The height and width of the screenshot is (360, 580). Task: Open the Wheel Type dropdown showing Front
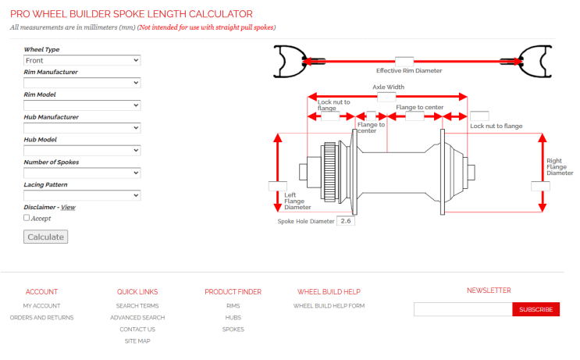pyautogui.click(x=81, y=60)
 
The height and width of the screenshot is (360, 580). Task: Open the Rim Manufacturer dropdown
pyautogui.click(x=81, y=83)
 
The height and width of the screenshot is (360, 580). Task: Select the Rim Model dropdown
pyautogui.click(x=81, y=105)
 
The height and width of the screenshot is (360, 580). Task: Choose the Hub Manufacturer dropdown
pyautogui.click(x=81, y=127)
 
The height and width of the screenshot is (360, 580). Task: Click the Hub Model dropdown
pyautogui.click(x=81, y=150)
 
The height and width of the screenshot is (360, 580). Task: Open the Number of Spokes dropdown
pyautogui.click(x=81, y=173)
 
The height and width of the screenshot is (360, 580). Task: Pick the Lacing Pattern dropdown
pyautogui.click(x=81, y=195)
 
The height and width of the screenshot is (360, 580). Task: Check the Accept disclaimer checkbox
pyautogui.click(x=27, y=219)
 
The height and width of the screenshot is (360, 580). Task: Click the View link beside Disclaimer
pyautogui.click(x=68, y=208)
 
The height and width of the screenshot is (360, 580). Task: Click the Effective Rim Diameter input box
pyautogui.click(x=404, y=61)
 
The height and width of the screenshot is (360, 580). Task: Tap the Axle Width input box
pyautogui.click(x=386, y=97)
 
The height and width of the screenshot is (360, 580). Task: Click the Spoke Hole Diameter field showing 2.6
pyautogui.click(x=347, y=221)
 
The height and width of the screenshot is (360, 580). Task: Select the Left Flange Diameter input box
pyautogui.click(x=272, y=186)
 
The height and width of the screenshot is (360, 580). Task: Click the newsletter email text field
pyautogui.click(x=463, y=310)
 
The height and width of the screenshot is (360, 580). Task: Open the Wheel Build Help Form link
pyautogui.click(x=329, y=306)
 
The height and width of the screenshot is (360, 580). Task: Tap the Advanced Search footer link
pyautogui.click(x=137, y=318)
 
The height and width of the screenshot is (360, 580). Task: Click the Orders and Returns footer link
pyautogui.click(x=41, y=318)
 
